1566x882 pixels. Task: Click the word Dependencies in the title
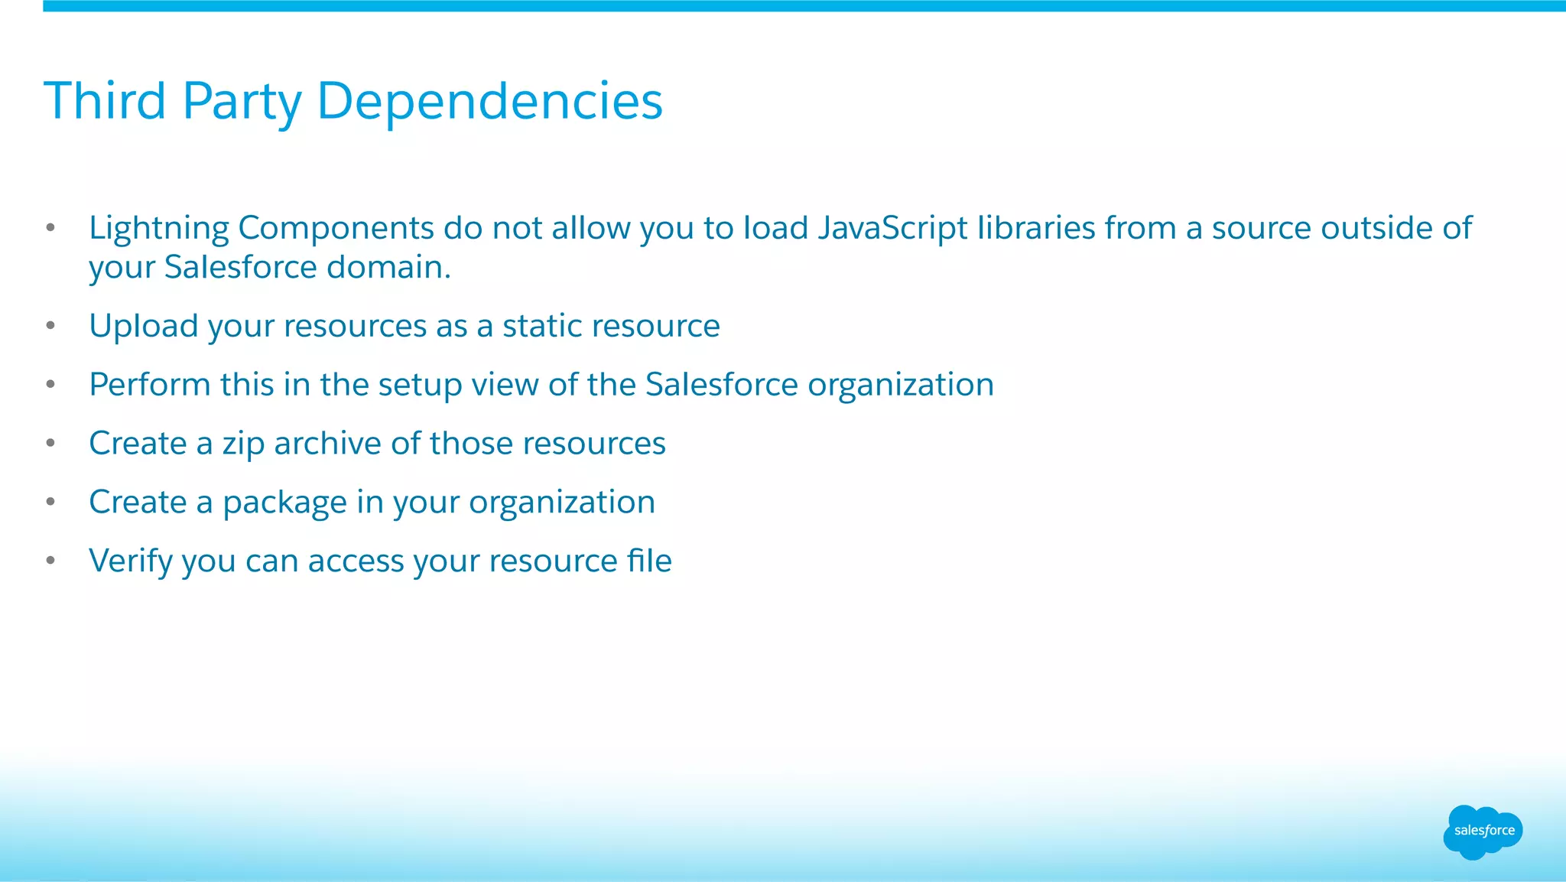click(489, 101)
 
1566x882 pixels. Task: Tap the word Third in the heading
click(105, 101)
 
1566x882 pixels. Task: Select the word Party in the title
click(242, 103)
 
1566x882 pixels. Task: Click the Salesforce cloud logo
click(1483, 832)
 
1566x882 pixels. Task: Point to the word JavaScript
click(892, 229)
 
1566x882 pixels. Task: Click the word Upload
click(144, 327)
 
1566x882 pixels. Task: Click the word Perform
click(149, 385)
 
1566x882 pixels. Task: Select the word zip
click(243, 444)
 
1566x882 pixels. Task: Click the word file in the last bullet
click(649, 561)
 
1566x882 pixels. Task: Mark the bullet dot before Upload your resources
click(50, 326)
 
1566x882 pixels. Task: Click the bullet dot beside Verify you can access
click(50, 561)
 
